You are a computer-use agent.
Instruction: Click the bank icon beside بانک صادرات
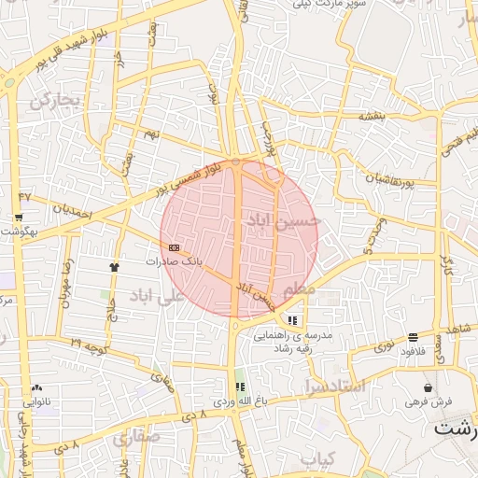[x=175, y=247]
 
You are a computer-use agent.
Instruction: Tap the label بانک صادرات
[x=174, y=261]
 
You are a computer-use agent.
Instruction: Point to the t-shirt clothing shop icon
[x=114, y=266]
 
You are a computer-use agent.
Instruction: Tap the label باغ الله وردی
[x=239, y=401]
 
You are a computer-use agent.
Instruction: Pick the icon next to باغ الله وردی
[x=239, y=387]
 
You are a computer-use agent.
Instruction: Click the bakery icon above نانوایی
[x=36, y=387]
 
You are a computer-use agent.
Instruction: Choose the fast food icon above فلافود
[x=413, y=337]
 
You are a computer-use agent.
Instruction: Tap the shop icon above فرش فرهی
[x=428, y=387]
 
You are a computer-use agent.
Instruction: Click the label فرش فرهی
[x=428, y=401]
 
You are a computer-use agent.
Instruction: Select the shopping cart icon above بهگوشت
[x=19, y=218]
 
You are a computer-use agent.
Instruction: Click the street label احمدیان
[x=73, y=214]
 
